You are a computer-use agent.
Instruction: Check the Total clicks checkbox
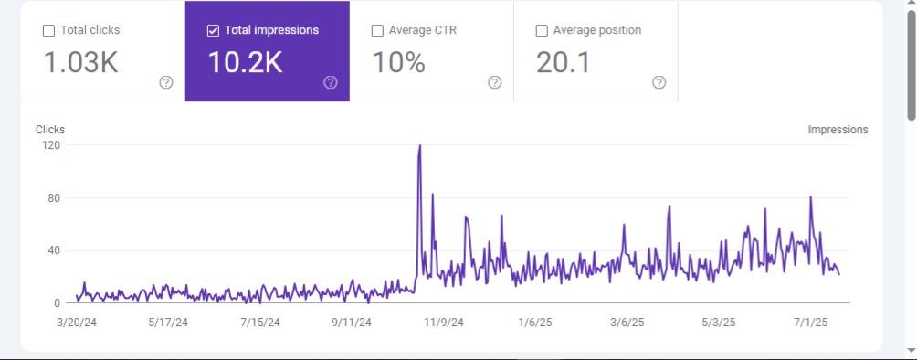point(48,30)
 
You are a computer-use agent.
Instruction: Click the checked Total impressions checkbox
point(213,30)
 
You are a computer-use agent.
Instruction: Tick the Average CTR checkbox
point(377,30)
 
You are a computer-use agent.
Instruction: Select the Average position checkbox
point(542,30)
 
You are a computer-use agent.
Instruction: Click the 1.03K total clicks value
point(80,62)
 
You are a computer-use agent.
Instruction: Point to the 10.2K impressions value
point(245,62)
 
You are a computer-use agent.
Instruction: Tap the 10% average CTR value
point(398,62)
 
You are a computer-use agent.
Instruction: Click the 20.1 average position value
point(563,62)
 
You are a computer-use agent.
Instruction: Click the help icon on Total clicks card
point(166,82)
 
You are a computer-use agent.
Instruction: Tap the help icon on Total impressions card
point(331,82)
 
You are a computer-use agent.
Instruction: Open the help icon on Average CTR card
point(495,82)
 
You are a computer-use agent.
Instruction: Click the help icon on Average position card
point(659,82)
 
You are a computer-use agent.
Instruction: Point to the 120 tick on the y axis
point(50,145)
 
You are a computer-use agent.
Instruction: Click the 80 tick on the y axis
point(54,198)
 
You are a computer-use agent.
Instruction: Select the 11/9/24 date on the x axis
point(444,323)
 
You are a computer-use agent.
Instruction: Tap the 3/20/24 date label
point(77,323)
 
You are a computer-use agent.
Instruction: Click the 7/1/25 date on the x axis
point(810,323)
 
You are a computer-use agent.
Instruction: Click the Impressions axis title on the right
point(838,130)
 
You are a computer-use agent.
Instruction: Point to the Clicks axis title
point(50,130)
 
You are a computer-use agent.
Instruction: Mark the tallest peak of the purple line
point(419,146)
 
